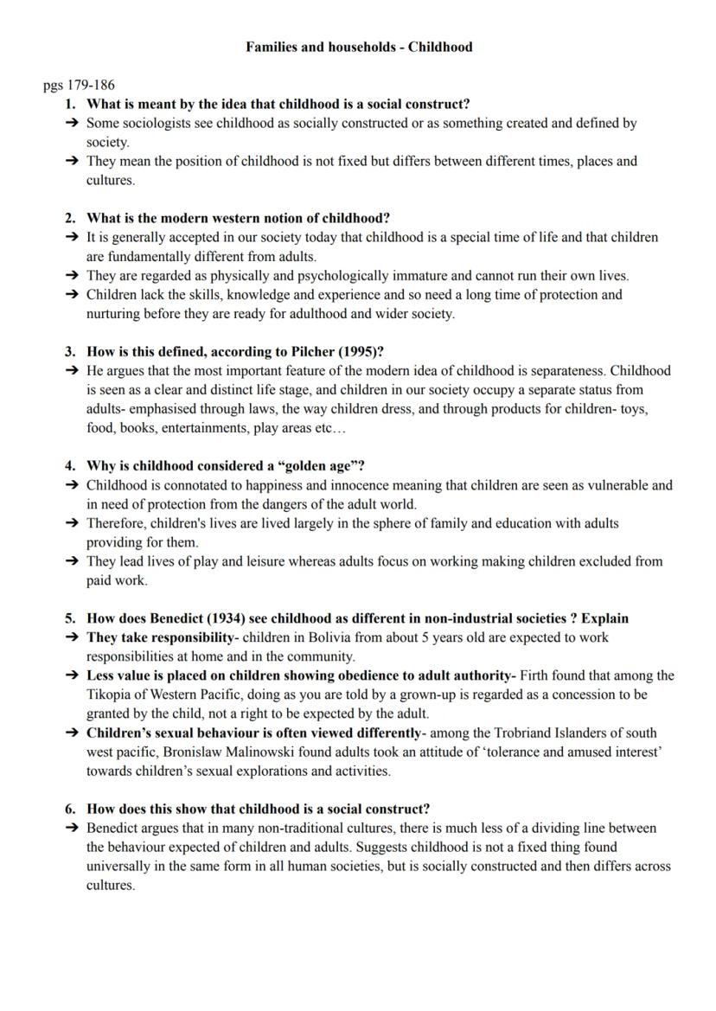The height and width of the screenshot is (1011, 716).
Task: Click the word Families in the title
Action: (x=272, y=47)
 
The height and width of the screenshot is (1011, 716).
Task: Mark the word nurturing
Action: (x=112, y=313)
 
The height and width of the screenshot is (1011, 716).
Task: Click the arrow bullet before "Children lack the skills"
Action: (x=71, y=294)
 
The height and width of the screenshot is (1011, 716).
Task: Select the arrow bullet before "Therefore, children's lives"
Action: (x=71, y=523)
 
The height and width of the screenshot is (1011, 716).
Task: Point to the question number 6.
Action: (x=70, y=809)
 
